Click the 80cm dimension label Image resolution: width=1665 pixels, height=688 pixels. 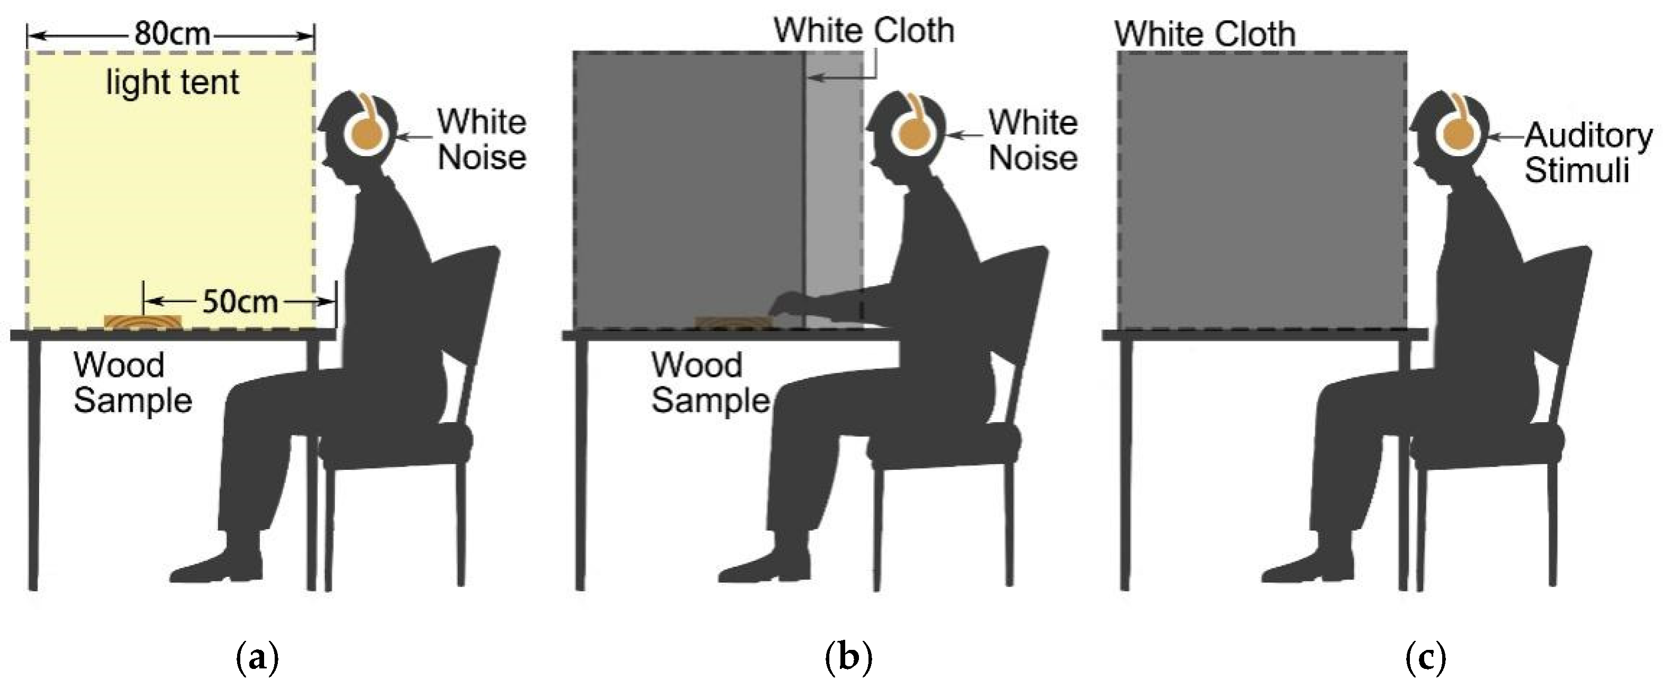click(173, 33)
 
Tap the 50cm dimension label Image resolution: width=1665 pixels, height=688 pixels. click(240, 301)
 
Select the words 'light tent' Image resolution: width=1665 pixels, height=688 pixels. click(173, 82)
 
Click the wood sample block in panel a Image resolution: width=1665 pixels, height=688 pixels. click(143, 321)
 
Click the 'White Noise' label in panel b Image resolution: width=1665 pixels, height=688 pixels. click(1033, 140)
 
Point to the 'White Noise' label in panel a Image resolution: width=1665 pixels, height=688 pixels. click(482, 140)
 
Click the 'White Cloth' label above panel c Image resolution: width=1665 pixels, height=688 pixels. click(1205, 33)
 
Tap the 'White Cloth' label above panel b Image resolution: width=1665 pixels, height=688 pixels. click(864, 30)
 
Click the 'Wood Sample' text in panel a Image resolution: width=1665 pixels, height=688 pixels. click(132, 383)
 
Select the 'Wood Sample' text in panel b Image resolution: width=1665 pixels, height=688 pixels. click(710, 383)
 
